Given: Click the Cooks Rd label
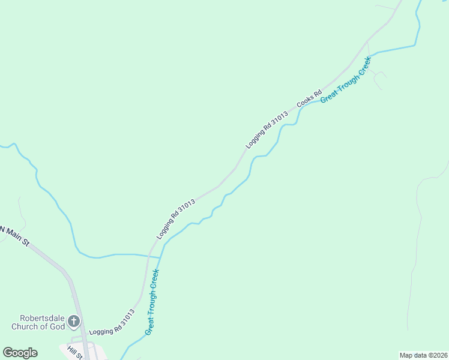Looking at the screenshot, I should point(309,100).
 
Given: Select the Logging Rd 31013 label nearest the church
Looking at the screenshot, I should point(112,322).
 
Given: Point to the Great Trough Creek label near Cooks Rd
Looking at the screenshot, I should point(346,79).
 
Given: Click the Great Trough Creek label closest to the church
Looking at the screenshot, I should point(152,302).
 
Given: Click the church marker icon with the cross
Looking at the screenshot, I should point(74,321).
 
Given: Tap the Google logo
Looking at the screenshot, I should point(20,352).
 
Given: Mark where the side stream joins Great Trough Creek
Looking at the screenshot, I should point(160,257).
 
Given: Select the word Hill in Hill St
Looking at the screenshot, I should point(71,350).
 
